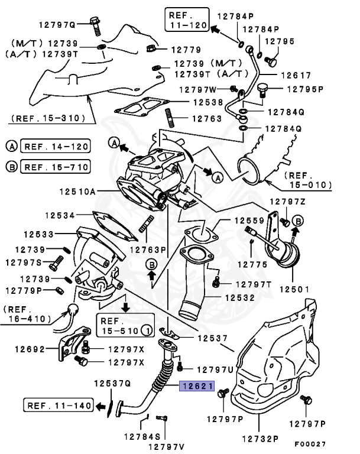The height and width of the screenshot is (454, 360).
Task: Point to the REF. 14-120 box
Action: click(55, 145)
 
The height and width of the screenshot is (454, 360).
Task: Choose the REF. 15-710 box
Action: click(55, 167)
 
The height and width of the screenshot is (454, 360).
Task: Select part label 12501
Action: click(295, 290)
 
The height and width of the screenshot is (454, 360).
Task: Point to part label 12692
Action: click(27, 349)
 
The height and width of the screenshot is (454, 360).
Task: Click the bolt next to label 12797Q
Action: click(96, 24)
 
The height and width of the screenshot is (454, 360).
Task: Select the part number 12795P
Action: click(306, 89)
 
